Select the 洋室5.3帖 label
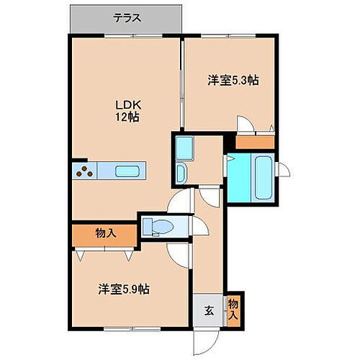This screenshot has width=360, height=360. coord(233,81)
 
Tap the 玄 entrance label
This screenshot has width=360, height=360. coord(208,311)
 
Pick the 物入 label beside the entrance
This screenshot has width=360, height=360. coord(235,307)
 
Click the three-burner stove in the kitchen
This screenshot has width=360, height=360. coord(85,171)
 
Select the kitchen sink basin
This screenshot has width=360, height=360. coord(127,171)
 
